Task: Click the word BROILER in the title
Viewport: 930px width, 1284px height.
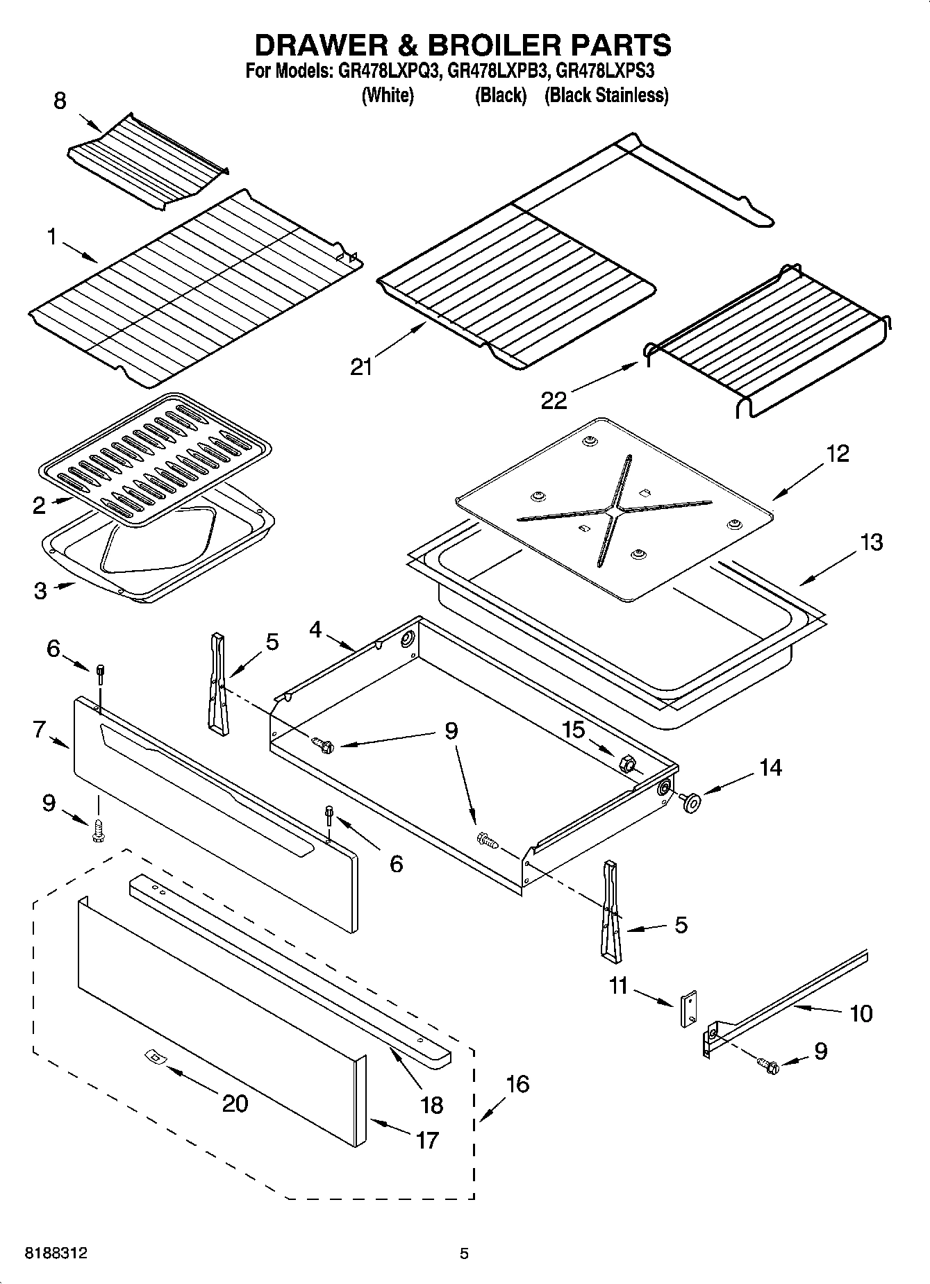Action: [x=485, y=45]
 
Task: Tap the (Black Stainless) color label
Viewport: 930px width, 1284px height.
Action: [x=606, y=95]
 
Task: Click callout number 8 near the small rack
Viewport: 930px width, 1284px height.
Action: [x=60, y=101]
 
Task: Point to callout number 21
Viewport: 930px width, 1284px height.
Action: [x=361, y=366]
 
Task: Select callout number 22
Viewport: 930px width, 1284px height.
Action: [x=554, y=400]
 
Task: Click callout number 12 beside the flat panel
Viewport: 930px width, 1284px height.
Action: [x=838, y=453]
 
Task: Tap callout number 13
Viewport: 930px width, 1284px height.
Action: [x=871, y=542]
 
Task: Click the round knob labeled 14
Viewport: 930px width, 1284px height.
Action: [x=691, y=801]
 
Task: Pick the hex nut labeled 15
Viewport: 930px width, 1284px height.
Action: [x=626, y=763]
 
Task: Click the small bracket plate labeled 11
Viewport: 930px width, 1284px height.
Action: [x=688, y=1008]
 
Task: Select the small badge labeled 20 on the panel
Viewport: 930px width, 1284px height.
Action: [x=153, y=1057]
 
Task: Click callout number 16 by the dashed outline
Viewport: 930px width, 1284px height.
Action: [x=517, y=1083]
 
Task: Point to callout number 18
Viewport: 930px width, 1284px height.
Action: [x=432, y=1104]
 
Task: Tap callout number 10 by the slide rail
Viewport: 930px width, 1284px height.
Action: [x=861, y=1013]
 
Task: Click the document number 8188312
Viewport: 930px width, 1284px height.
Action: [x=56, y=1253]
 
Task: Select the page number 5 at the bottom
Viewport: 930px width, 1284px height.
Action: [x=464, y=1253]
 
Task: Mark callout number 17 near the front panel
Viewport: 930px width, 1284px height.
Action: [x=427, y=1140]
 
